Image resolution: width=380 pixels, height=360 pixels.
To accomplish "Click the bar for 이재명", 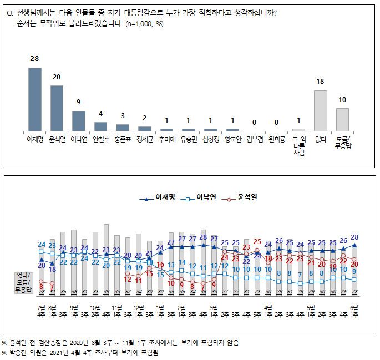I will point(35,99).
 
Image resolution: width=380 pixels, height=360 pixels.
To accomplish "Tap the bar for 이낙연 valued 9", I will point(79,120).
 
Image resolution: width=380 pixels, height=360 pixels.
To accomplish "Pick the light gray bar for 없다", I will point(321,110).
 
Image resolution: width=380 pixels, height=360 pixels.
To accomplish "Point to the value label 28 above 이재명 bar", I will point(34,59).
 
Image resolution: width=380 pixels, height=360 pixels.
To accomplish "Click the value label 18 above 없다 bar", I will point(321,81).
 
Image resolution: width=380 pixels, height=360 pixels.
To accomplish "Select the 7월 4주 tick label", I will point(42,310).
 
